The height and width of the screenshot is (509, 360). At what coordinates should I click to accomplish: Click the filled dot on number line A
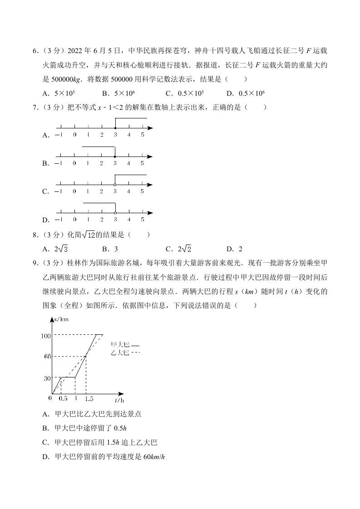point(115,128)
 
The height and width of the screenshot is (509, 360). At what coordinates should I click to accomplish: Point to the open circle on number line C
point(115,185)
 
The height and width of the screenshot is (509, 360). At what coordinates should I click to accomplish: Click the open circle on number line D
point(115,213)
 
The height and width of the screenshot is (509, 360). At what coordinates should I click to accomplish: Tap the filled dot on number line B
point(115,156)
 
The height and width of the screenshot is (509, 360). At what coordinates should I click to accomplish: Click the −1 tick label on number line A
point(59,135)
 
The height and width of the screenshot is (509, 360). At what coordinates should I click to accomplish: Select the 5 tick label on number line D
point(142,220)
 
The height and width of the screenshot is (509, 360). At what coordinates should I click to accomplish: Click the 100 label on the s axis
point(46,336)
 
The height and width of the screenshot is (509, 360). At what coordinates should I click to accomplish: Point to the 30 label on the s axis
point(47,377)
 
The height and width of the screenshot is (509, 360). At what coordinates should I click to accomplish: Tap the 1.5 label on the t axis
point(89,399)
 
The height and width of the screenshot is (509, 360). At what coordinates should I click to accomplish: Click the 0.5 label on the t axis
point(63,399)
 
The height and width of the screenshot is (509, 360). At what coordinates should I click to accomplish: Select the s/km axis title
point(60,320)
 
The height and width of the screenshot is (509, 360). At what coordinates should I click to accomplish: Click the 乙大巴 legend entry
point(121,352)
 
